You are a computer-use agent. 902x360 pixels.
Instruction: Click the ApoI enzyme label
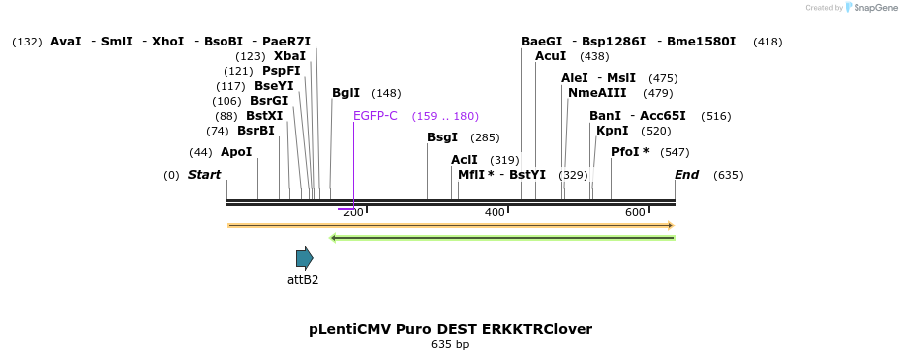236,152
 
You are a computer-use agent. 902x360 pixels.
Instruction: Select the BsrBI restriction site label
255,131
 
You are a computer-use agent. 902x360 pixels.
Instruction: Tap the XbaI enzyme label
290,56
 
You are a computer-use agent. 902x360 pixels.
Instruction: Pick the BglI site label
346,93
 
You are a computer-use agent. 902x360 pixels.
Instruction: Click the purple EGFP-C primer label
375,116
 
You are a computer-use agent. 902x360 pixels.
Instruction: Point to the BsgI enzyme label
442,137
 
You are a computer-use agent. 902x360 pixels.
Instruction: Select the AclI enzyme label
464,160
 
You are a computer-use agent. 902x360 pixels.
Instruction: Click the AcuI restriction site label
550,56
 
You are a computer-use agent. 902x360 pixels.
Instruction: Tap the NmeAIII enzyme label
597,93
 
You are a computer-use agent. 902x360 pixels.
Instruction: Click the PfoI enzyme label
630,152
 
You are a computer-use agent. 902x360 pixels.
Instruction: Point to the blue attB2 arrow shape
304,258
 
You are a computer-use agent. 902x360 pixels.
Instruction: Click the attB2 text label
303,280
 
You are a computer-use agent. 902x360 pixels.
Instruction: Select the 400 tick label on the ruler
495,212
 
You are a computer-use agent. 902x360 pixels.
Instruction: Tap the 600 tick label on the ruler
635,212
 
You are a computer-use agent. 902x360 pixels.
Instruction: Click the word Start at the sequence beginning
204,175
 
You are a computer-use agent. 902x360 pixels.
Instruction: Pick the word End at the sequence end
686,175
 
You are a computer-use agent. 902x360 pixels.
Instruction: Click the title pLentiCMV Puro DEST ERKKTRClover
450,329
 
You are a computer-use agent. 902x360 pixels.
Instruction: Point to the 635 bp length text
450,345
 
